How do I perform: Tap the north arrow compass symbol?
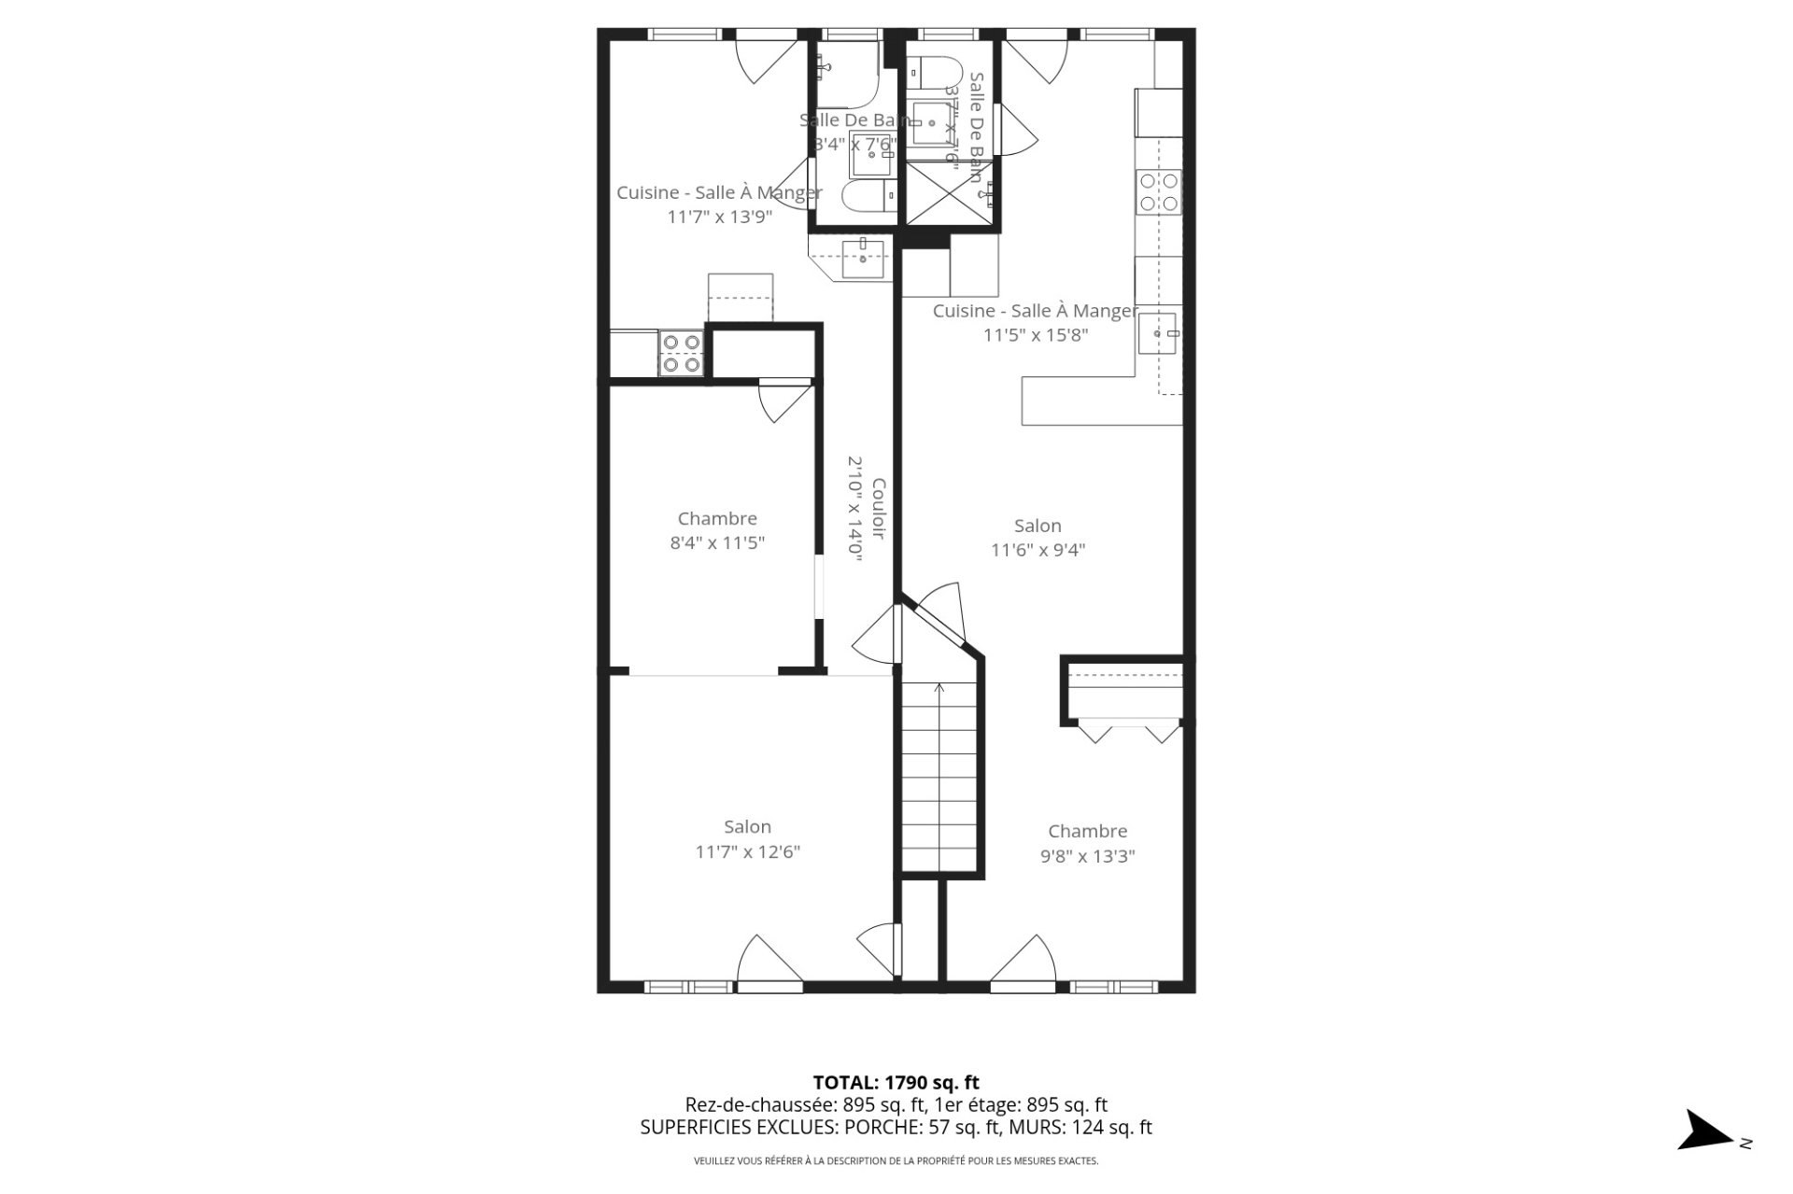(1708, 1131)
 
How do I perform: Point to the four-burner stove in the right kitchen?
(1158, 192)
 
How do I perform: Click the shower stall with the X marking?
(948, 194)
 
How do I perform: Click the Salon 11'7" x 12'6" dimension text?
(747, 851)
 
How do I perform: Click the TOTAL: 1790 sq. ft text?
(896, 1083)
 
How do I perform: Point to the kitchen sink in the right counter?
(1158, 333)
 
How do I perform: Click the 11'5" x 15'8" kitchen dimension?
(1036, 335)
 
